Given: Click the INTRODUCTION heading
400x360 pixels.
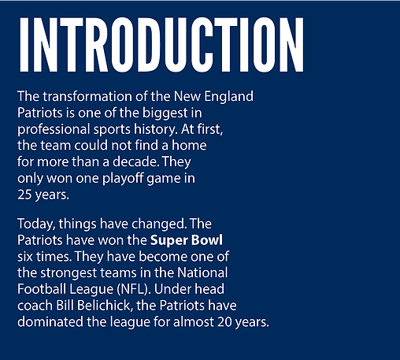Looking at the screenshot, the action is [161, 45].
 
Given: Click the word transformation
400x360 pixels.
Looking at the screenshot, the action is [88, 96].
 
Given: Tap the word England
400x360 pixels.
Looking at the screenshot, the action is [229, 97].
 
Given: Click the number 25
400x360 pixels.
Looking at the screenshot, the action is [24, 195].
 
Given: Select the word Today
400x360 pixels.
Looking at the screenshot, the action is [36, 225].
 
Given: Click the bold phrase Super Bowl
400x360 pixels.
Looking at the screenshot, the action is [187, 241].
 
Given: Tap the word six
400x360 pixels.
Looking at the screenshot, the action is [25, 257].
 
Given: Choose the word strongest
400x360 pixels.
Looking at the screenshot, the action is [69, 273].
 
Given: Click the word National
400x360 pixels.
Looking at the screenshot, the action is [202, 273].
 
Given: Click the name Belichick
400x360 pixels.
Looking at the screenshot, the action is [105, 306].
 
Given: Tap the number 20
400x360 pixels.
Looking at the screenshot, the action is [224, 322].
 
